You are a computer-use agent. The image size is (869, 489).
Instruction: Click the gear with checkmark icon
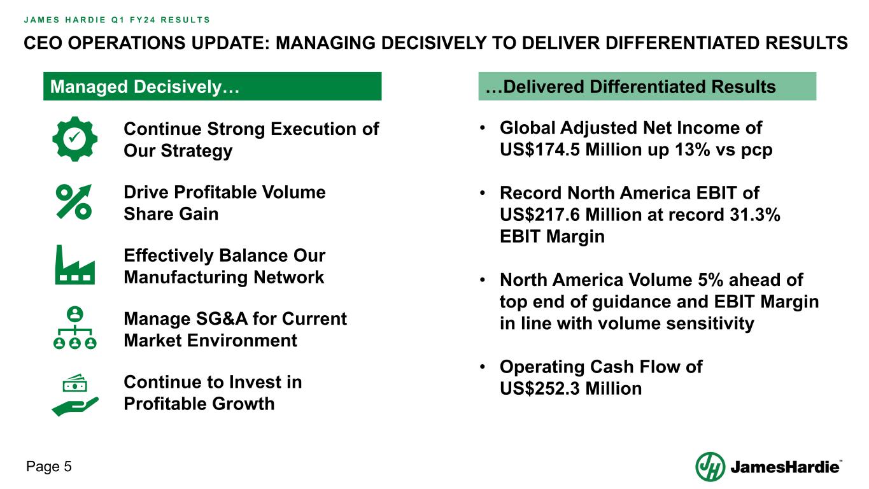click(75, 139)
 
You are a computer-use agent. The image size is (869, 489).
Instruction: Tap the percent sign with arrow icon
click(74, 202)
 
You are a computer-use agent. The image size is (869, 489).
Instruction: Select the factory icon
click(75, 265)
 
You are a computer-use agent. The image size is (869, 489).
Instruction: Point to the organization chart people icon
click(75, 328)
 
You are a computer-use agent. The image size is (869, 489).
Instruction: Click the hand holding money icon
click(75, 395)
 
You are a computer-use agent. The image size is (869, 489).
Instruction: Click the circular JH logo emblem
click(710, 467)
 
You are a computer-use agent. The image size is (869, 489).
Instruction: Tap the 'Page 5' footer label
click(49, 467)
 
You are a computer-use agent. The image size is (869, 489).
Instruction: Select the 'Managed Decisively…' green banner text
click(145, 87)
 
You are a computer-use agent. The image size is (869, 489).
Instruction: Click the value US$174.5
click(539, 150)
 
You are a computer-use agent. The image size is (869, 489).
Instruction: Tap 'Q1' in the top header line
click(117, 20)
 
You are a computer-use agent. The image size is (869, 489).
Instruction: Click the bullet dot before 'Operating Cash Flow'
click(482, 366)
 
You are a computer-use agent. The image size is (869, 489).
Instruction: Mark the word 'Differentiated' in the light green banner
click(647, 87)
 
